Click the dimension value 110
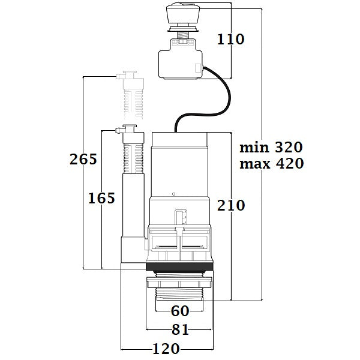tap(231, 40)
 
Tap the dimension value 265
tap(83, 160)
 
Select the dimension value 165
tap(101, 198)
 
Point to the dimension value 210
tap(231, 205)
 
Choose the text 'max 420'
tap(271, 163)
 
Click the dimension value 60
tap(180, 311)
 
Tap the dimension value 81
tap(180, 329)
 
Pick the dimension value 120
tap(166, 348)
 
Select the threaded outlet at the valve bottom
tap(180, 294)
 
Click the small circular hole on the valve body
tap(173, 194)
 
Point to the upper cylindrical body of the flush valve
tap(179, 162)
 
